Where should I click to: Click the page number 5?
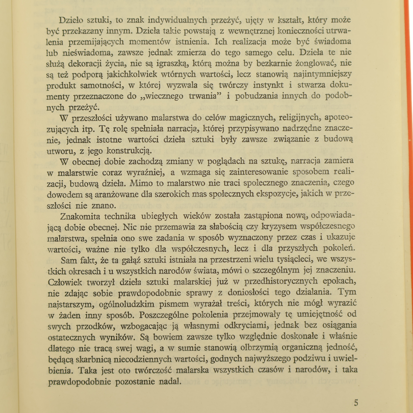click(x=356, y=403)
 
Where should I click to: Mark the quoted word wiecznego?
click(x=164, y=97)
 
